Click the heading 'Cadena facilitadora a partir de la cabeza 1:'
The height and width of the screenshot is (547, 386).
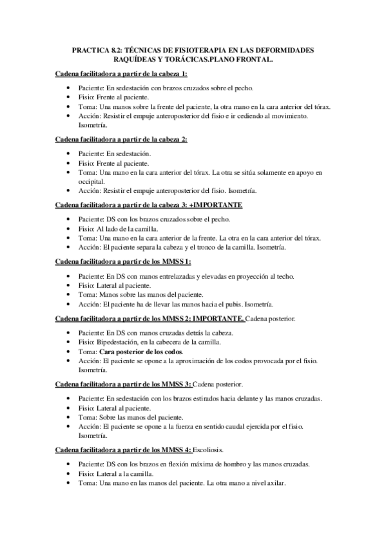pyautogui.click(x=121, y=75)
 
